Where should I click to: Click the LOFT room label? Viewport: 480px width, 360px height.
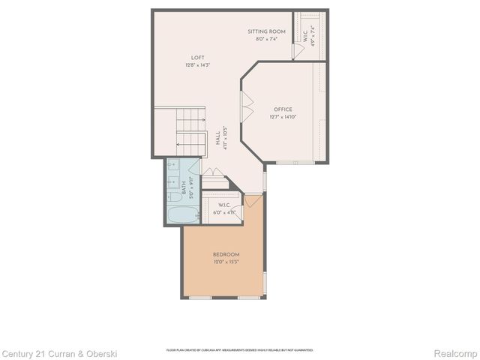tap(198, 58)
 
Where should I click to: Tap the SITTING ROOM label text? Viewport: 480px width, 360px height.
tap(266, 31)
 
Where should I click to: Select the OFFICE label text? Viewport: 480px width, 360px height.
tap(283, 109)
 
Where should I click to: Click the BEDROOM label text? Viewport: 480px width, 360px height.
tap(226, 254)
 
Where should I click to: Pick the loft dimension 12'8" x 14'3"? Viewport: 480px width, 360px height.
tap(198, 66)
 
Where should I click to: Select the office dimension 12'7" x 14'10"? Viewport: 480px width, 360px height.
tap(283, 117)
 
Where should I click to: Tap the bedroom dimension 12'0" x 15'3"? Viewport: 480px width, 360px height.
tap(226, 262)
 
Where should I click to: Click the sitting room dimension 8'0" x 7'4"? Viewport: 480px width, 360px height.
tap(266, 38)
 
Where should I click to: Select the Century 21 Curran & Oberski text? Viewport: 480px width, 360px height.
tap(59, 353)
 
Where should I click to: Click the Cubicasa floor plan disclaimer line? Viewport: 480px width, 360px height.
tap(240, 349)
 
